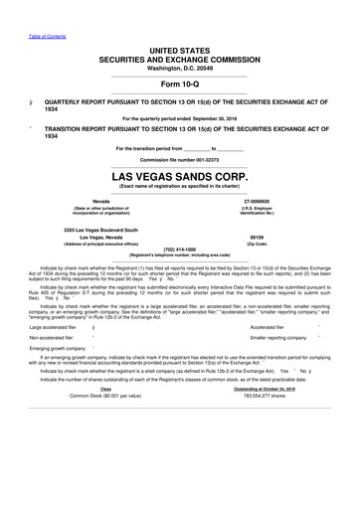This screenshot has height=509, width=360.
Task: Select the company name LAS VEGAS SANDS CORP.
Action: [179, 177]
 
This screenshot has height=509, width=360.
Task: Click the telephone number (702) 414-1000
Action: [179, 250]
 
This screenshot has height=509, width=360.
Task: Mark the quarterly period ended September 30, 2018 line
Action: [179, 117]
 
